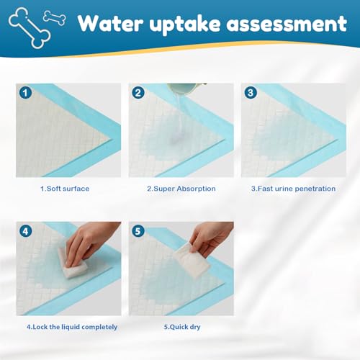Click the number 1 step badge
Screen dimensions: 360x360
25,93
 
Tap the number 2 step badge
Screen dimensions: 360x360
138,93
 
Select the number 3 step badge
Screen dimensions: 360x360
251,93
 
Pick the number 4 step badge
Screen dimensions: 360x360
25,232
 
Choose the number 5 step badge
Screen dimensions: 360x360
138,232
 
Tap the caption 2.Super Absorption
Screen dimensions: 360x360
181,189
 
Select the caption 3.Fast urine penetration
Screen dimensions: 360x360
293,189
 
